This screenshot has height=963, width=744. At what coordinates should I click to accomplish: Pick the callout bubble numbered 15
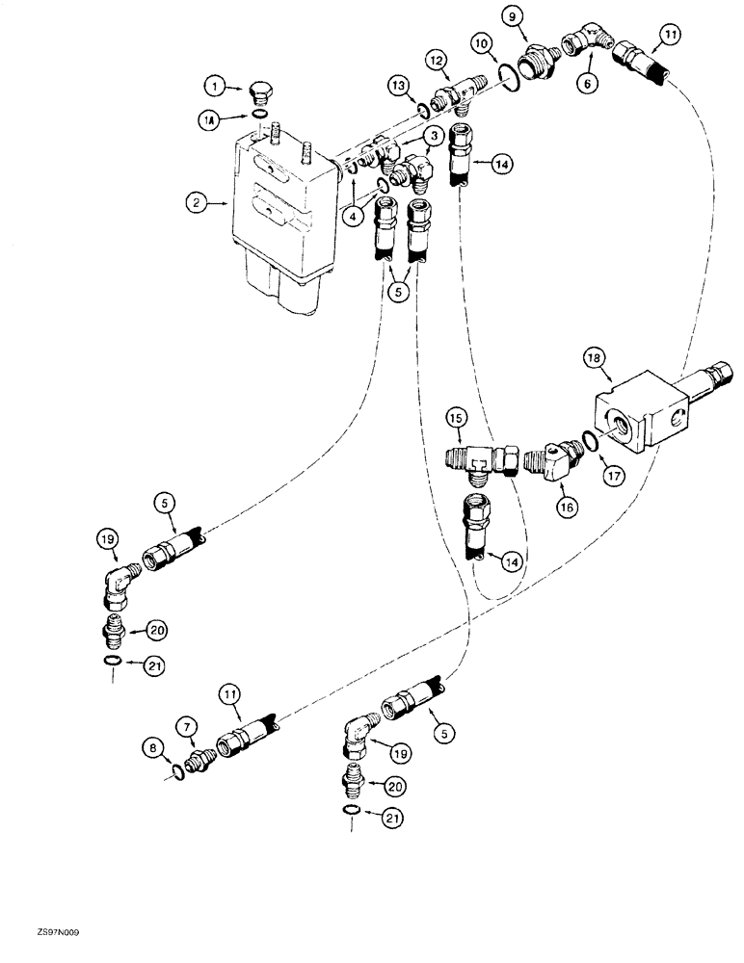pyautogui.click(x=456, y=418)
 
